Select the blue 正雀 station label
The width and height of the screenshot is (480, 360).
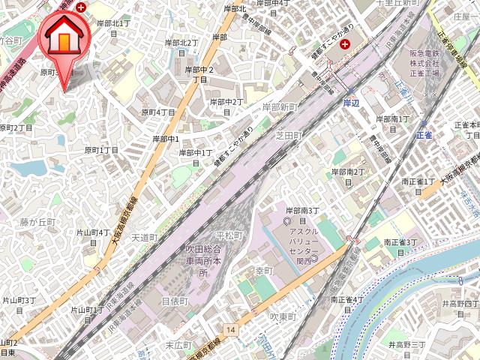click(x=424, y=135)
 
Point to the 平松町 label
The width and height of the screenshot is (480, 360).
click(x=229, y=235)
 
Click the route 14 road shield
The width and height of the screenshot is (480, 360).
click(x=230, y=329)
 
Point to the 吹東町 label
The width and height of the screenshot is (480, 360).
click(x=284, y=317)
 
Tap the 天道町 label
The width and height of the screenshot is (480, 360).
click(x=144, y=238)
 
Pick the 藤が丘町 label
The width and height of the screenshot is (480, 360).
click(x=38, y=222)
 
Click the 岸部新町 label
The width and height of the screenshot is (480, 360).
click(x=280, y=108)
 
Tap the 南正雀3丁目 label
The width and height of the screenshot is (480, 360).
click(x=401, y=243)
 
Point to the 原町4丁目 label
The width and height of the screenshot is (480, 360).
click(x=158, y=112)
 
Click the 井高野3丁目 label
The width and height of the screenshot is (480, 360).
click(x=407, y=344)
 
